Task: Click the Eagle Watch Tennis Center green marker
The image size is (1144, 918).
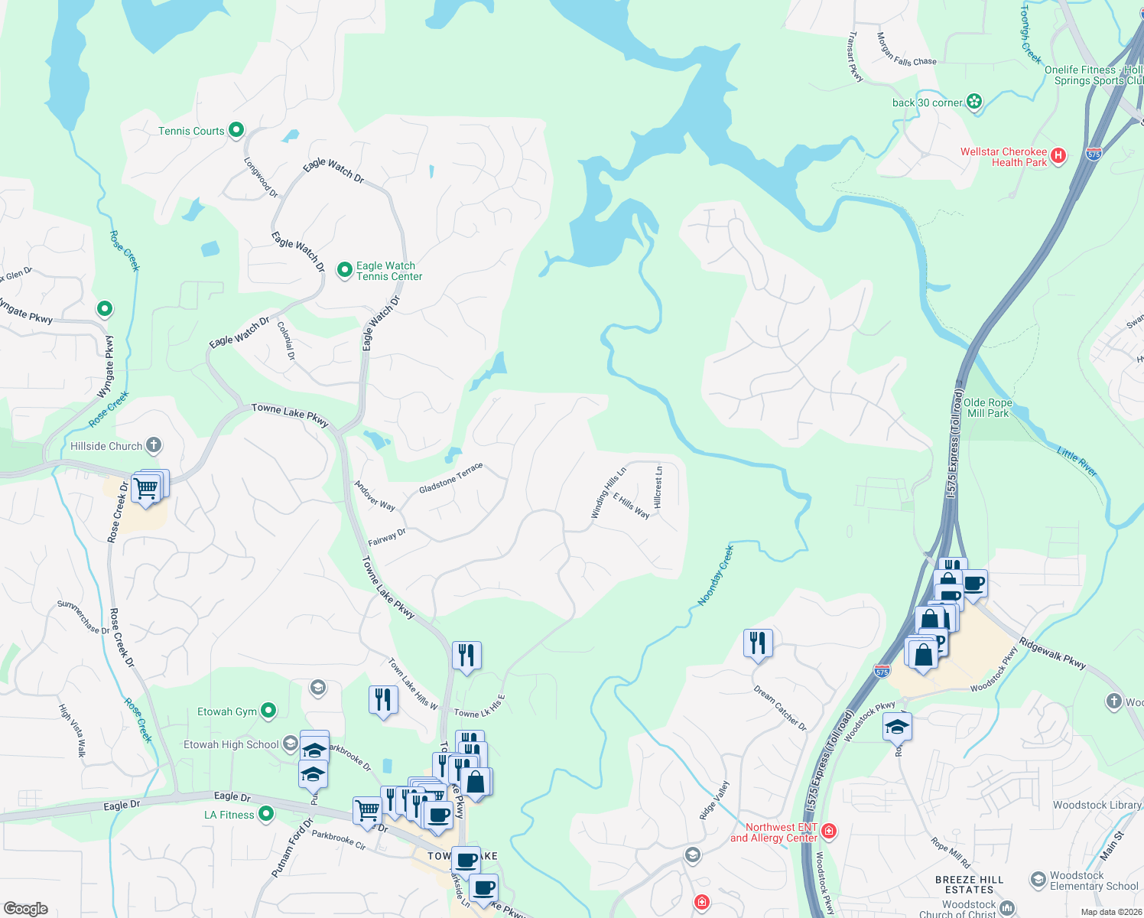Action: [x=344, y=269]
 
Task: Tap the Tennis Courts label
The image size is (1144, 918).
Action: [x=191, y=131]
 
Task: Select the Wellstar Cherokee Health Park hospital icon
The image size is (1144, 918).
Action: [x=1058, y=156]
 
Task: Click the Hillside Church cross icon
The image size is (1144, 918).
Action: [x=154, y=445]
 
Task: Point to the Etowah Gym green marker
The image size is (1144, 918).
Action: [x=268, y=711]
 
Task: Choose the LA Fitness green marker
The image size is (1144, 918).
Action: [x=266, y=814]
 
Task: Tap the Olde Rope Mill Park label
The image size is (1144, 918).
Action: [x=988, y=408]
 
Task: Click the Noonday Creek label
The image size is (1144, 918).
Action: [x=716, y=575]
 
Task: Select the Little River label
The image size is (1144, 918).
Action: [x=1077, y=462]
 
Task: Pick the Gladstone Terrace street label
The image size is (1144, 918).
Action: [x=450, y=478]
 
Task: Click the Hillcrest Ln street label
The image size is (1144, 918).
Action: [x=659, y=487]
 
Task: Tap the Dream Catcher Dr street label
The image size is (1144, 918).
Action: [x=780, y=708]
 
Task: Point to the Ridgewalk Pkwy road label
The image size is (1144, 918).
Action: [x=1052, y=653]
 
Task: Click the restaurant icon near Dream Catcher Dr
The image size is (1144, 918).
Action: [x=758, y=643]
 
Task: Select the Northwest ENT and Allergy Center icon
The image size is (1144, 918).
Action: [x=830, y=831]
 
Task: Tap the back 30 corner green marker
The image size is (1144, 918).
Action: [x=974, y=101]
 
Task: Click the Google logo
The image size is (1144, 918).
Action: [x=26, y=908]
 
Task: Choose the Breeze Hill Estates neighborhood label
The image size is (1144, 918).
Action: [x=969, y=884]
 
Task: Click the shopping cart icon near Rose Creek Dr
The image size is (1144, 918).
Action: [x=146, y=487]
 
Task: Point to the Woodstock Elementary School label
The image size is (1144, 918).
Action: [x=1094, y=881]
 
